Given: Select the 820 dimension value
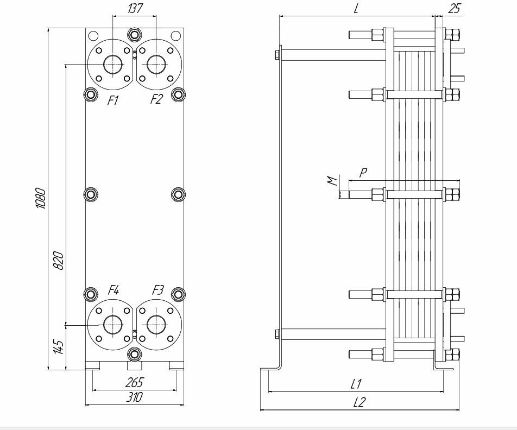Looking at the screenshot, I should coord(59,261).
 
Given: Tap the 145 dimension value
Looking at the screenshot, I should coord(59,347).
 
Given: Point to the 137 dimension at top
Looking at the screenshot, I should coord(134,9).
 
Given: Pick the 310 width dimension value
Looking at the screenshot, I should coord(134,398).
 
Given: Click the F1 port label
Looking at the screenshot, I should coord(112,100).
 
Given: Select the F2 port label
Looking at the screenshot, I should coord(156,100).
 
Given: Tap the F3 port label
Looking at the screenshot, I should coord(157,290).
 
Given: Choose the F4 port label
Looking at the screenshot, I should coord(114,290).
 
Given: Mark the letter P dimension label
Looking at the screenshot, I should coord(363,172).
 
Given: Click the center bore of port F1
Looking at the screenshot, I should coord(112,65).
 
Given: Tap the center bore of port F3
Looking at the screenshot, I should coord(156,324).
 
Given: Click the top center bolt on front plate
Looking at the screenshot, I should coord(134,35).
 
